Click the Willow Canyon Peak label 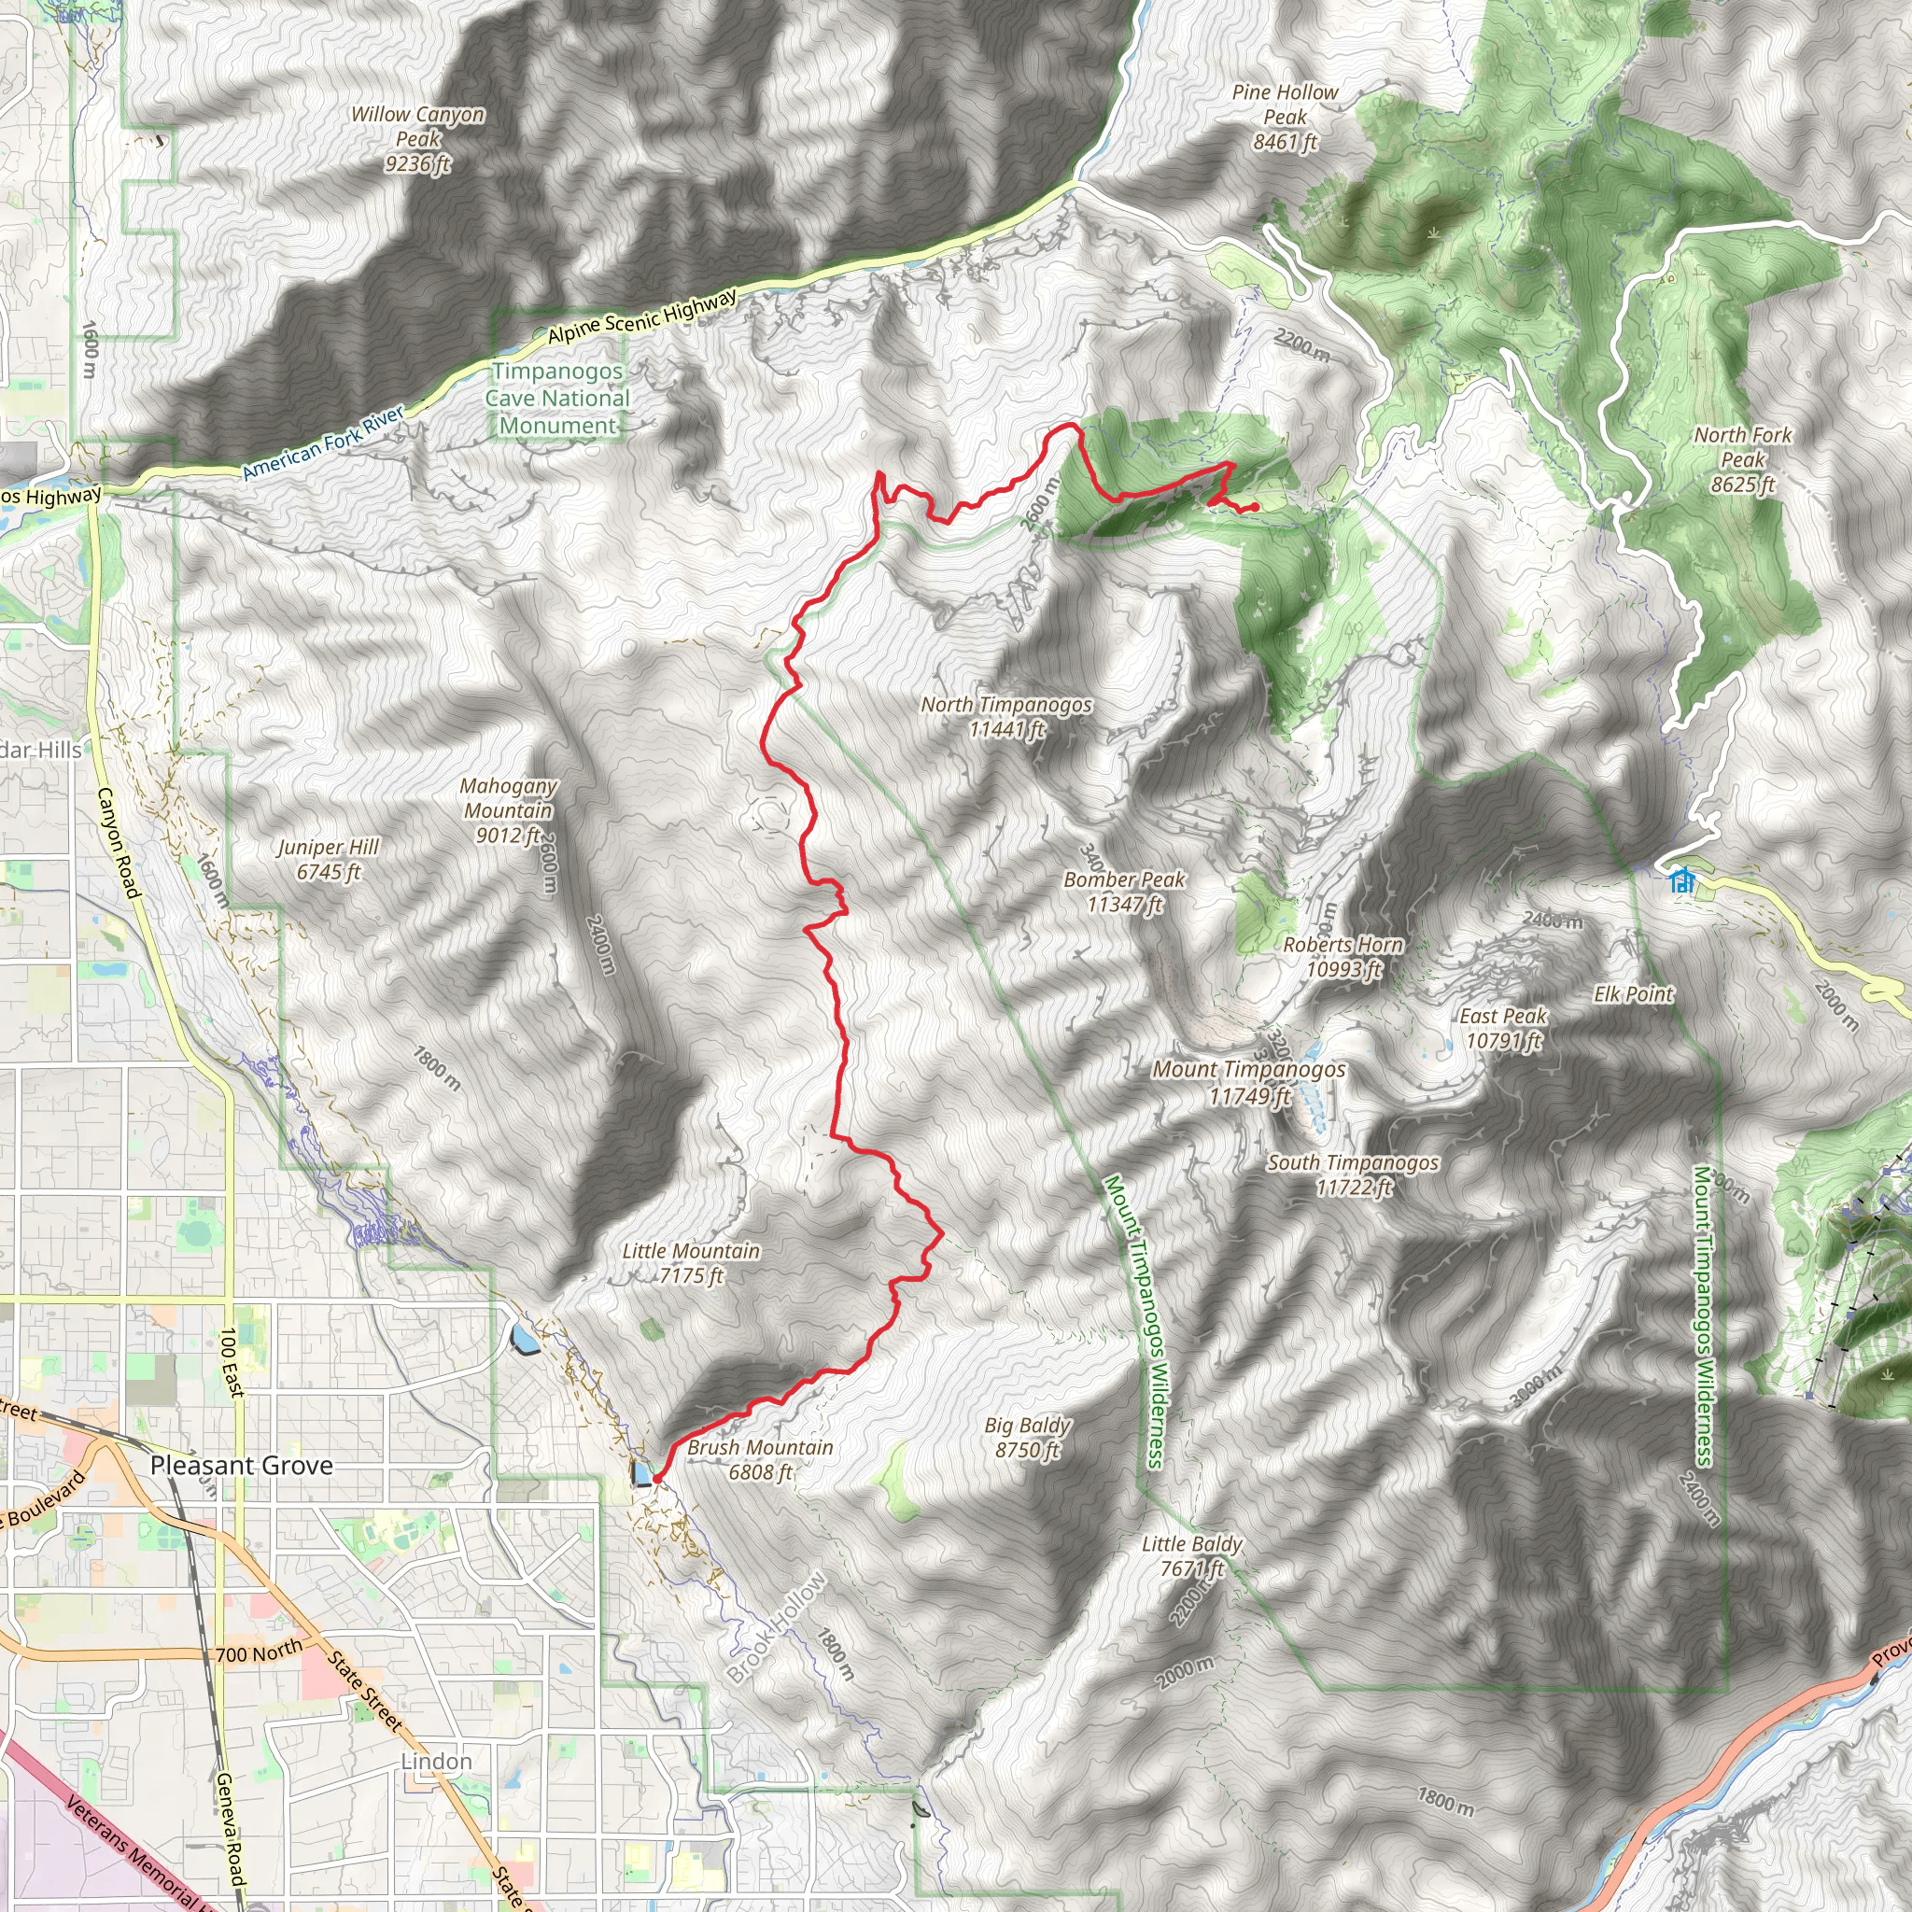coord(417,139)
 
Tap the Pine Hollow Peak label coord(1285,117)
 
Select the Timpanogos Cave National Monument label coord(557,398)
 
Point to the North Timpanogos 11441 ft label coord(1006,716)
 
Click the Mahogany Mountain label coord(509,809)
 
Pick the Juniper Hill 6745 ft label coord(328,859)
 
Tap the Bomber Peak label coord(1124,891)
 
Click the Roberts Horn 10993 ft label coord(1343,956)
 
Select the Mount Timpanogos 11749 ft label coord(1249,1082)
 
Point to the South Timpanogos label coord(1353,1174)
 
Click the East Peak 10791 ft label coord(1502,1027)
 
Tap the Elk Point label coord(1633,993)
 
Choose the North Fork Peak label coord(1743,459)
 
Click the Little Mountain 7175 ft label coord(691,1263)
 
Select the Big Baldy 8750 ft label coord(1027,1437)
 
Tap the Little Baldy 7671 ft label coord(1191,1555)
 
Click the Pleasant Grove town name coord(242,1466)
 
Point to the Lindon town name coord(436,1762)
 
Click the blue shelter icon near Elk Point coord(1680,879)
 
